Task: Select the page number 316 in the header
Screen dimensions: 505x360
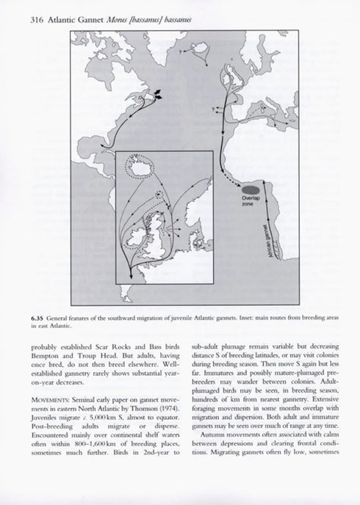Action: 38,20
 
